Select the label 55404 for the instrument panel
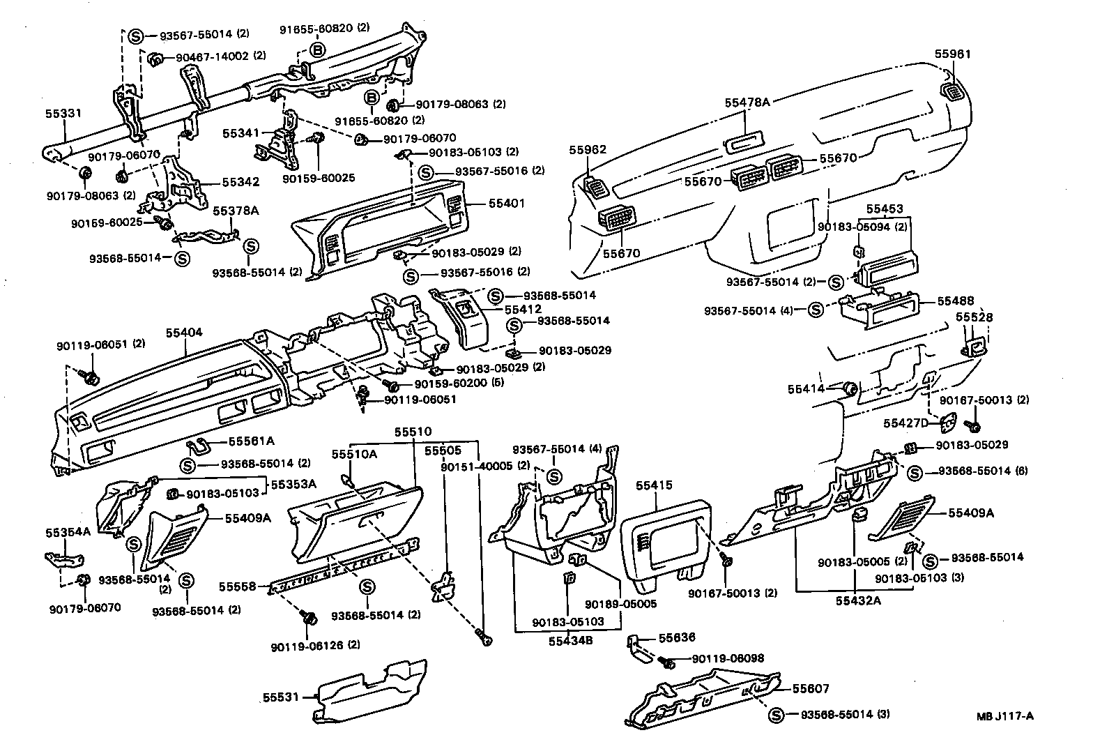tap(184, 333)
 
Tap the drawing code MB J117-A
tap(1004, 716)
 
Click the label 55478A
tap(747, 103)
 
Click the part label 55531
tap(281, 697)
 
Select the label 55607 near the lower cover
tap(811, 688)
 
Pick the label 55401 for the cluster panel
tap(506, 204)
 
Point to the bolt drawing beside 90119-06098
tap(666, 661)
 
